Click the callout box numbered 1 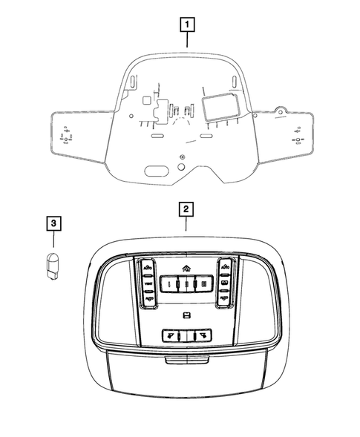(x=188, y=24)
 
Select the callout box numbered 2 (x=186, y=208)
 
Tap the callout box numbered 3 (x=53, y=221)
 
